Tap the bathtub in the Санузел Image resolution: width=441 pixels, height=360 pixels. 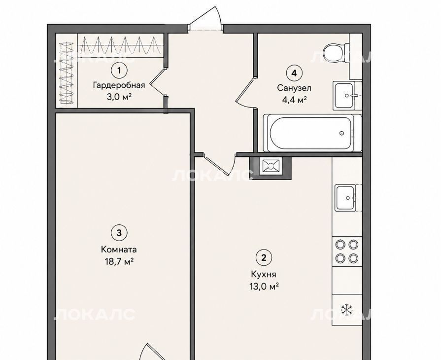pos(312,133)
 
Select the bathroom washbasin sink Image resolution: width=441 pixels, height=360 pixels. pos(344,96)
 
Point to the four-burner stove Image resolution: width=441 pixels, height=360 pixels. pos(347,251)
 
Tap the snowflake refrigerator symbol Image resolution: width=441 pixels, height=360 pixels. pos(347,310)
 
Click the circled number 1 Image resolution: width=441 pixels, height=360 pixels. pos(119,70)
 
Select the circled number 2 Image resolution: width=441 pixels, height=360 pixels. pos(264,257)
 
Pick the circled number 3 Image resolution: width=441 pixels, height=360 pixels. pos(119,233)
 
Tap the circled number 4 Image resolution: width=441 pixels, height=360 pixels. pos(294,73)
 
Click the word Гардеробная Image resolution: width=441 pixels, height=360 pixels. pos(119,85)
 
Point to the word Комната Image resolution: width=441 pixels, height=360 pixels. pos(119,250)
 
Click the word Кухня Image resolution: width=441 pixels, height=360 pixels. pos(264,274)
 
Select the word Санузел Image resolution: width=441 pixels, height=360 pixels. pos(294,88)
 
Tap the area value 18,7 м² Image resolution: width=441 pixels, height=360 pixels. pos(119,262)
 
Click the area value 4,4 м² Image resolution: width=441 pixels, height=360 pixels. pos(294,100)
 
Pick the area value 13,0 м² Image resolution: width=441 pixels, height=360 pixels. pos(264,287)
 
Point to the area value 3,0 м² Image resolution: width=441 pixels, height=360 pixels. pos(119,97)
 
